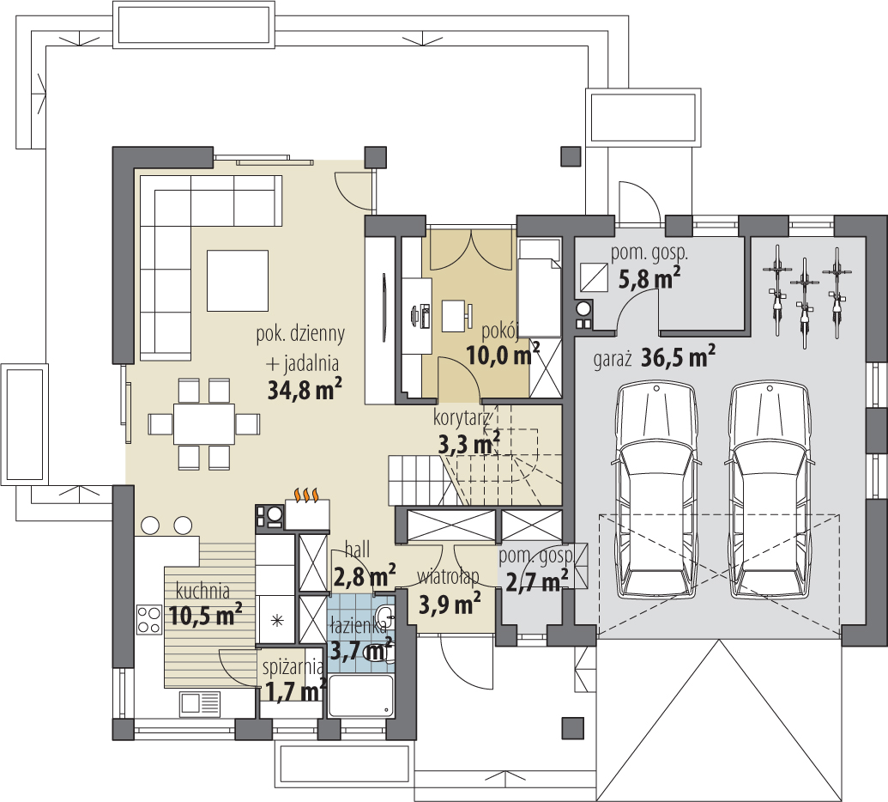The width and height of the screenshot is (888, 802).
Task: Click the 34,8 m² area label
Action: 305,389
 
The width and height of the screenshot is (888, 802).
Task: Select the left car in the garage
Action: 655,490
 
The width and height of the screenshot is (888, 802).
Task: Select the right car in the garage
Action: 769,490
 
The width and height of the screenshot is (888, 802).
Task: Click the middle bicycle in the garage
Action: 804,303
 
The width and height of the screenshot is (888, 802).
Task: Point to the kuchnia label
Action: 202,591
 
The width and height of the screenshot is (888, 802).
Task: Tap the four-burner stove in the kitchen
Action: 149,619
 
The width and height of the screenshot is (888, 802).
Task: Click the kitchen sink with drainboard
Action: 200,703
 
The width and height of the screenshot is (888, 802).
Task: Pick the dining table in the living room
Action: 204,423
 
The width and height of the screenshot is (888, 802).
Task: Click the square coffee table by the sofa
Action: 238,281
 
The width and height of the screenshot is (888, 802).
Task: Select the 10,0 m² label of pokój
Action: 503,355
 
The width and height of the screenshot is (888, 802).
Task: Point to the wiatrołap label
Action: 448,577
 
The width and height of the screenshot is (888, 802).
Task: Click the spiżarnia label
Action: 293,667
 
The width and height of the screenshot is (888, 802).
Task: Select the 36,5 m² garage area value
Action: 679,356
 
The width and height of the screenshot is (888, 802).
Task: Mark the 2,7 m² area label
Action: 537,581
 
